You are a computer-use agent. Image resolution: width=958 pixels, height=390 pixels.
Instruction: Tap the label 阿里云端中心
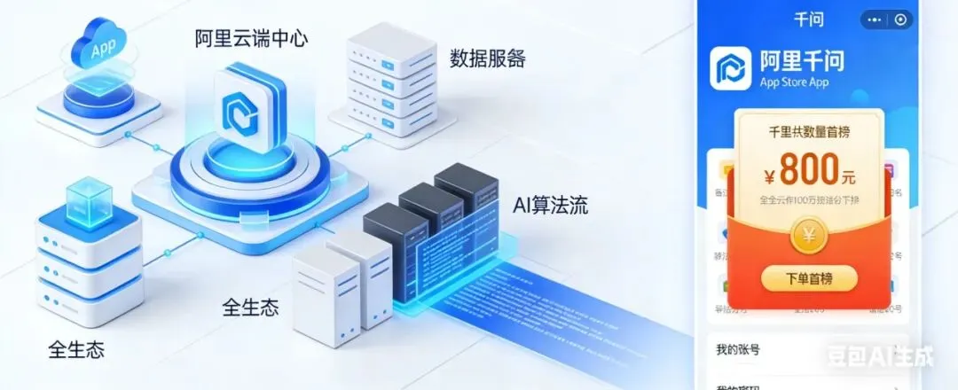point(251,39)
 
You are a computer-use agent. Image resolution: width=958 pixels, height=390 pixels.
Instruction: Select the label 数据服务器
point(487,59)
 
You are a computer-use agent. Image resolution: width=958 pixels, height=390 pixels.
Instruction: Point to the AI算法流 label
point(550,206)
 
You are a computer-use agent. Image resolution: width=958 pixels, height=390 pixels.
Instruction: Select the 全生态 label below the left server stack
point(76,348)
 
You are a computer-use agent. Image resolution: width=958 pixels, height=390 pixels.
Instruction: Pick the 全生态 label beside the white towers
point(250,308)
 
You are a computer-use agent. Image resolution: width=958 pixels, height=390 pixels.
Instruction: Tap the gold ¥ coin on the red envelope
point(808,235)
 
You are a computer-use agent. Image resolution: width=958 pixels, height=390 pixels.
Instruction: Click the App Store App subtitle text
point(794,82)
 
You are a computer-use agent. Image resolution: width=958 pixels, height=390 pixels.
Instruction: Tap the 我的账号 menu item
point(737,348)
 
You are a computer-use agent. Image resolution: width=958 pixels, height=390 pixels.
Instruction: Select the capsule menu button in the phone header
point(884,19)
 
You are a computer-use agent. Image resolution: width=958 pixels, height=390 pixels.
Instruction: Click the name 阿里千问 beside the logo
point(802,61)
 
